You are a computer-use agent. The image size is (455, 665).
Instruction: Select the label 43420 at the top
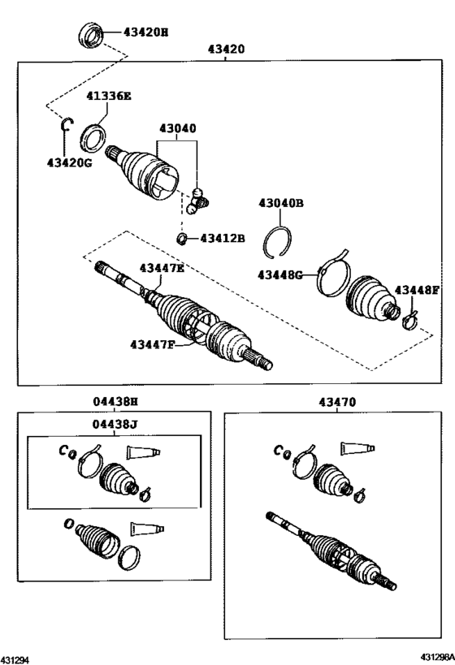click(x=226, y=50)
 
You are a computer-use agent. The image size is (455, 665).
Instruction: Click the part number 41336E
click(x=109, y=96)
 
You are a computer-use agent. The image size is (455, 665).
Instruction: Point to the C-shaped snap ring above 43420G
click(x=69, y=124)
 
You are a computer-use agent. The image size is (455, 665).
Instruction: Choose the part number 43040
click(x=177, y=128)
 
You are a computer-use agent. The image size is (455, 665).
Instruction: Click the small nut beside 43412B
click(x=183, y=238)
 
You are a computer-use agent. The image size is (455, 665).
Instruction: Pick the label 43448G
click(x=281, y=274)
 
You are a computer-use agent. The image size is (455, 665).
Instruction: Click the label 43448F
click(x=417, y=290)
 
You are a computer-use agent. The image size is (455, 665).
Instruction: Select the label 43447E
click(x=162, y=268)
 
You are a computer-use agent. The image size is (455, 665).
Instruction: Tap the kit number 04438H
click(x=115, y=401)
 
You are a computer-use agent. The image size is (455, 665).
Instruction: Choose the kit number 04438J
click(x=115, y=423)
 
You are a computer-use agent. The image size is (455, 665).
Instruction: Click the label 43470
click(x=336, y=401)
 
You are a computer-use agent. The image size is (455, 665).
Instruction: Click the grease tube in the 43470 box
click(x=358, y=447)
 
